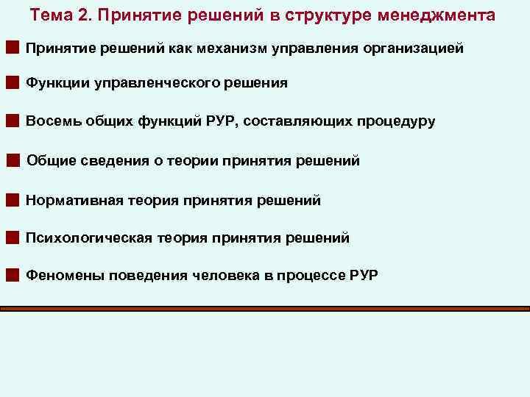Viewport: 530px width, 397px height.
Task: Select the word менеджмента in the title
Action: (x=443, y=15)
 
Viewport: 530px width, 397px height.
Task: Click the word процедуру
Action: (x=398, y=121)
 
